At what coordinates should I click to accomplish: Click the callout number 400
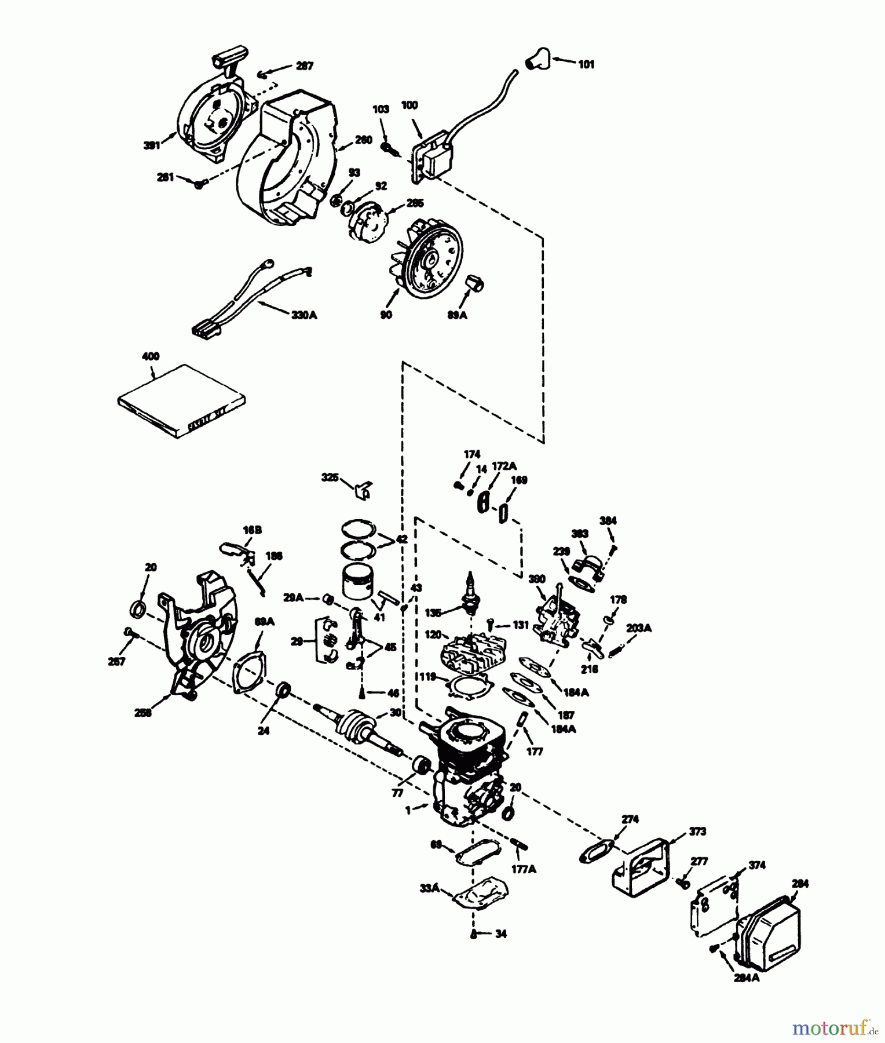[x=151, y=356]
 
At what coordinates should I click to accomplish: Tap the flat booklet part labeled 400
[x=181, y=400]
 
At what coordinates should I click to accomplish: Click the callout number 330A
[x=304, y=315]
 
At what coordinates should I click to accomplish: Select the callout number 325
[x=330, y=477]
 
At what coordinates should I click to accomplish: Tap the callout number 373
[x=697, y=832]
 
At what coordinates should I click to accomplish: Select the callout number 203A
[x=639, y=628]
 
